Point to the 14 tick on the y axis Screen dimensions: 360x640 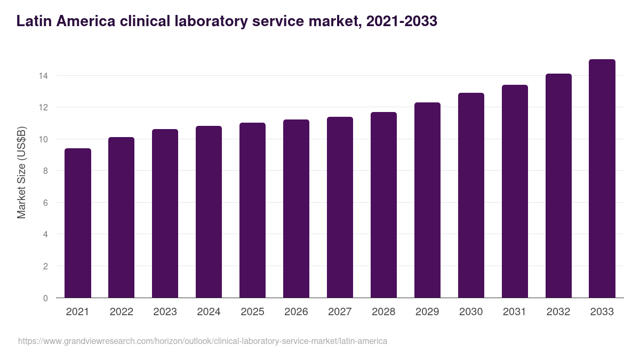[43, 76]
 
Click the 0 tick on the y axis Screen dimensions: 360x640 [45, 298]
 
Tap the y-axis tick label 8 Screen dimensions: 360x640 [45, 171]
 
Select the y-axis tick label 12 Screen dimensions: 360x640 [43, 108]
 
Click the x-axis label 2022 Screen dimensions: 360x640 [121, 312]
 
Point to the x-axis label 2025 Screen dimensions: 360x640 [252, 312]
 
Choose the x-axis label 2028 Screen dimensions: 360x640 [383, 312]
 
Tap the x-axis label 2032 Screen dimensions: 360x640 [558, 312]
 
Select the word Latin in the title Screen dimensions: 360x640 [34, 21]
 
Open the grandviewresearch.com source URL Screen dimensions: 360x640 [203, 341]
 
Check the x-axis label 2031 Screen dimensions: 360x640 [515, 312]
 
